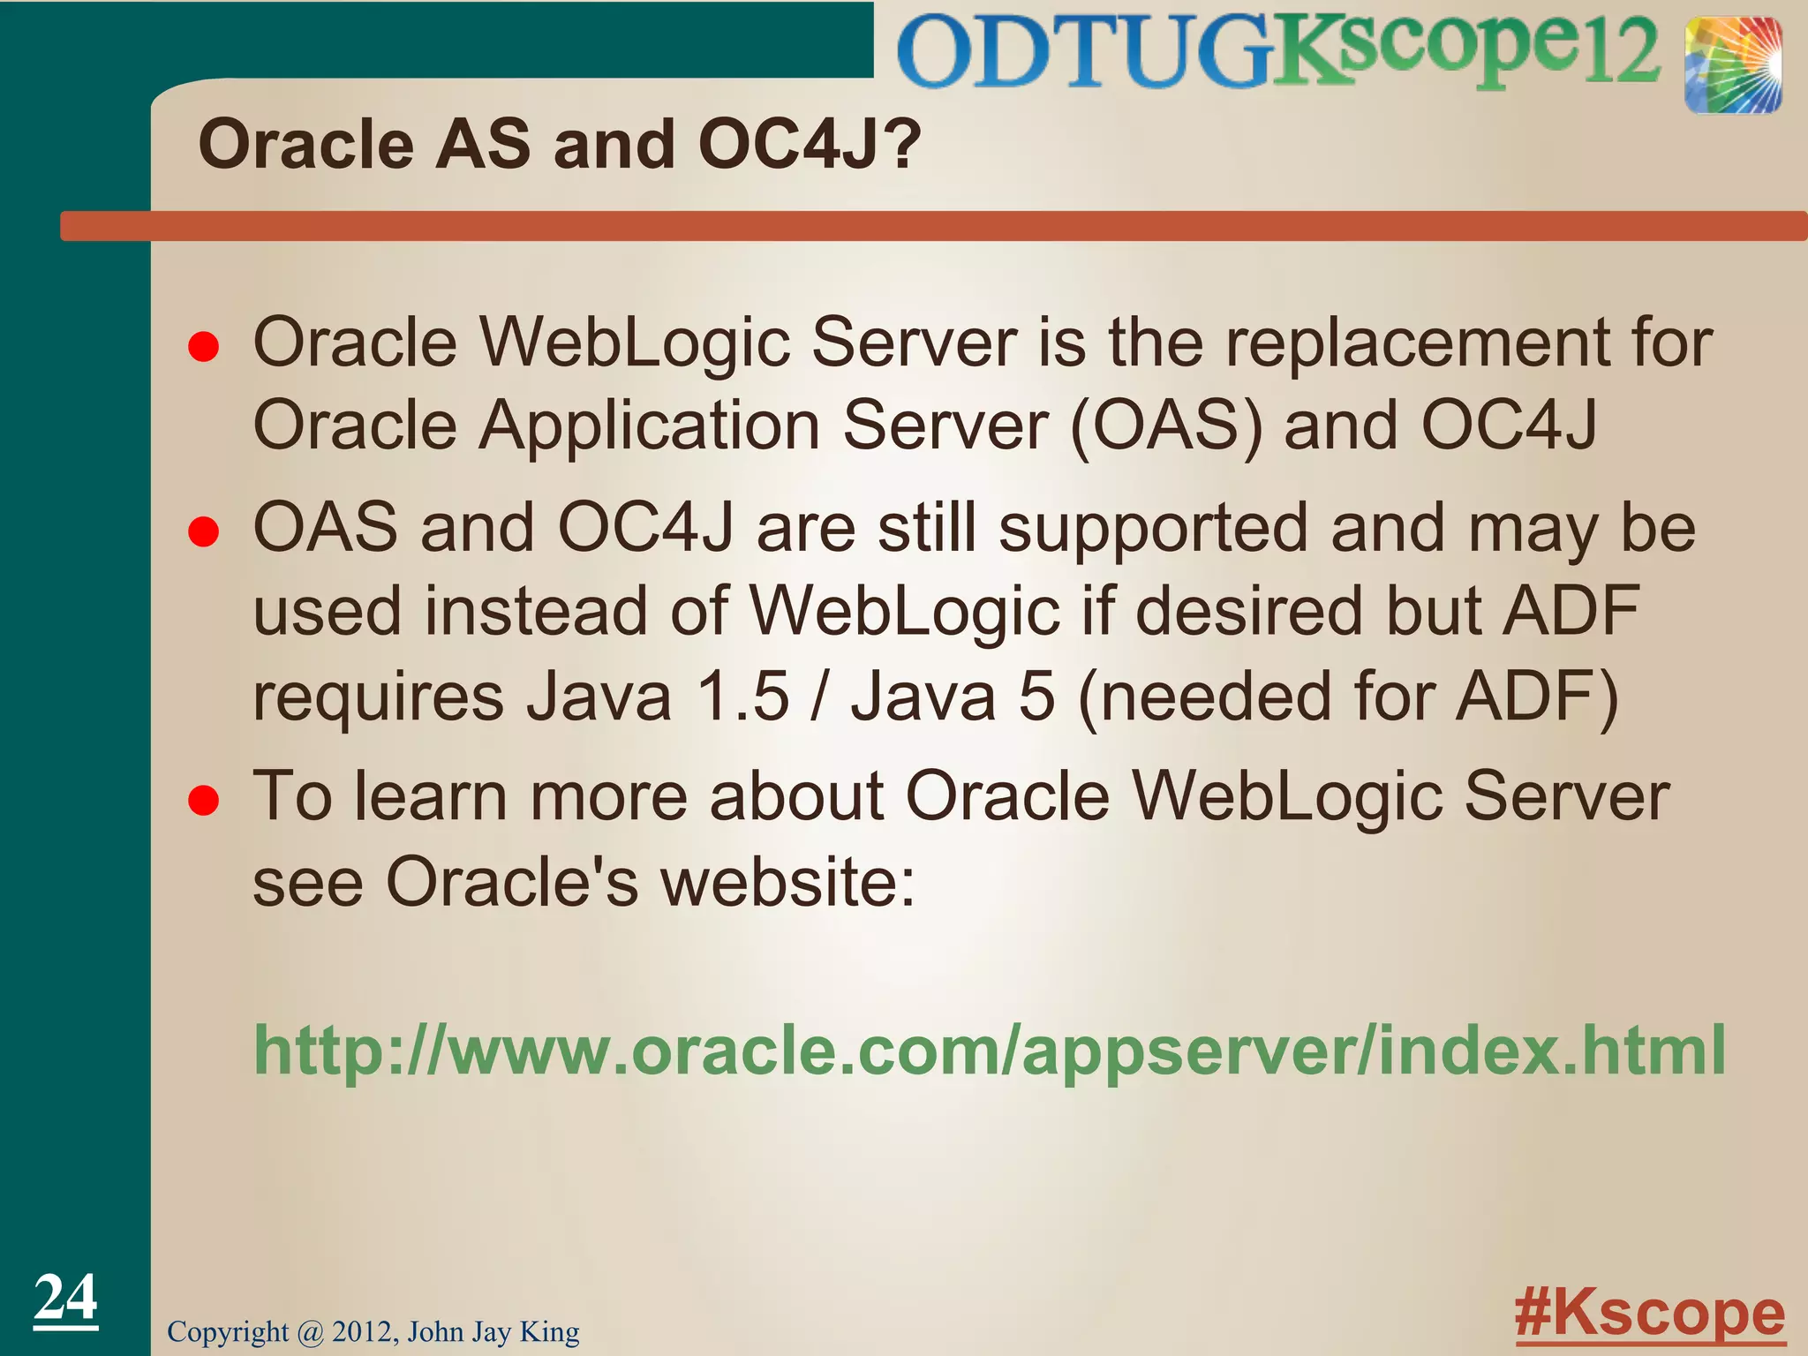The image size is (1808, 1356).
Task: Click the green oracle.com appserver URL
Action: point(989,1051)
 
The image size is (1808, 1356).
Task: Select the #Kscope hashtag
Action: point(1649,1315)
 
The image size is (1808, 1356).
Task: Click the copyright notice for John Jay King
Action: point(373,1331)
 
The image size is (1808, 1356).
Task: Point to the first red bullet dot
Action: point(204,347)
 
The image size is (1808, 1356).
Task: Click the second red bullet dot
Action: point(204,532)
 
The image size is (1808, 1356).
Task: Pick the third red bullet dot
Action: point(204,801)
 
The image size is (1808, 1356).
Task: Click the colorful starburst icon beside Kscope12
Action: point(1732,66)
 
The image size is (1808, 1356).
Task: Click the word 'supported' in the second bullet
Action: point(1153,529)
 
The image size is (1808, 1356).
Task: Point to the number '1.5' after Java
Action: point(742,697)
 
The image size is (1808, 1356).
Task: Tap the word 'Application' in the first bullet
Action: point(649,426)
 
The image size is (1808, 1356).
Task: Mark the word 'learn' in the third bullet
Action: point(431,796)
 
